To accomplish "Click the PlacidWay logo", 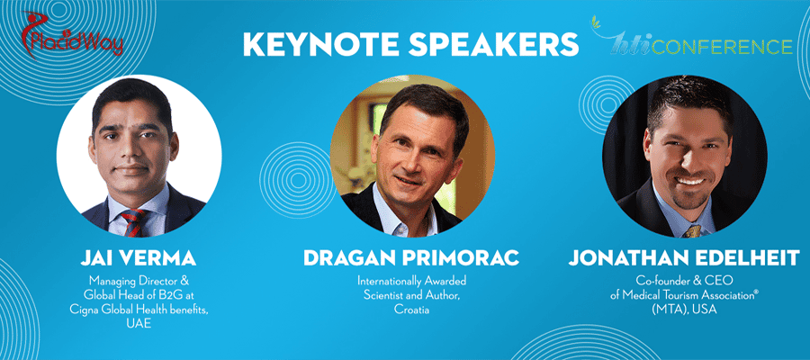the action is pyautogui.click(x=72, y=35).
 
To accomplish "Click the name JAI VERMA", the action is pyautogui.click(x=138, y=257).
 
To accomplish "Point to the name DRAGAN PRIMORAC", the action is pyautogui.click(x=411, y=257).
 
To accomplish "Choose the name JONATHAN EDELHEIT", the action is pyautogui.click(x=685, y=257).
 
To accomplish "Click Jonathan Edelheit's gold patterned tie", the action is pyautogui.click(x=691, y=231).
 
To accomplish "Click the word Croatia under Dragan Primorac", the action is pyautogui.click(x=411, y=310).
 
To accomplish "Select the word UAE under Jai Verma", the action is pyautogui.click(x=138, y=324).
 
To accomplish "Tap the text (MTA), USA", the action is pyautogui.click(x=685, y=310).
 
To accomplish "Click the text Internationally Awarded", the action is pyautogui.click(x=411, y=281).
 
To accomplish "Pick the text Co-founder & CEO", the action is pyautogui.click(x=685, y=281).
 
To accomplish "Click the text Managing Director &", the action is pyautogui.click(x=138, y=281).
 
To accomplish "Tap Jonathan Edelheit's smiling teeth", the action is pyautogui.click(x=690, y=181).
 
